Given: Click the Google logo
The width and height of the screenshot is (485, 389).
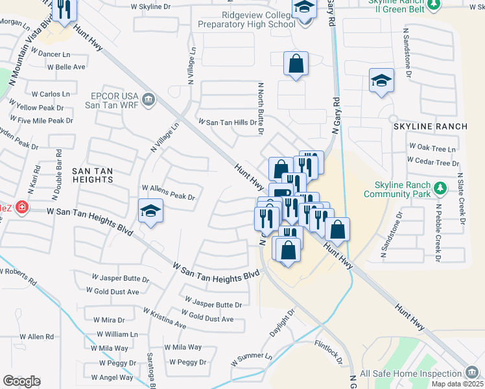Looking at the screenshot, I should point(21,381).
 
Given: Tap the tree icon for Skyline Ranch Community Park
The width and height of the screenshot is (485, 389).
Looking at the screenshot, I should point(440,188).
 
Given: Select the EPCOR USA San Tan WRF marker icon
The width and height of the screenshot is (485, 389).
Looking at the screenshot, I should point(148,99).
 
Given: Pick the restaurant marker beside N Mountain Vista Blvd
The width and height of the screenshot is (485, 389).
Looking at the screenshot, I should point(64,10).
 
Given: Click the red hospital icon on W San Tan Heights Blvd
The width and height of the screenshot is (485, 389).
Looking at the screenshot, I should point(21,207).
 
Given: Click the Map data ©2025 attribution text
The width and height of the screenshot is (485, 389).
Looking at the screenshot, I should point(457,384).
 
